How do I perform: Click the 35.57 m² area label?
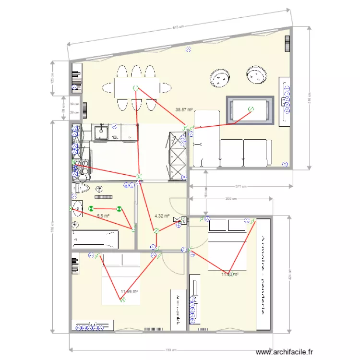point(184,110)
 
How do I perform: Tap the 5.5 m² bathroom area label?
point(103,216)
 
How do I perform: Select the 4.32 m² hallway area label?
point(162,216)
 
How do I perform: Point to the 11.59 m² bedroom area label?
point(130,291)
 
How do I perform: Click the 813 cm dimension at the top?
point(178,27)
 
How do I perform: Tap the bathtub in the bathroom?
point(95,239)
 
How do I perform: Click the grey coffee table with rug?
point(250,111)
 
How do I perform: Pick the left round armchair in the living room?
point(220,78)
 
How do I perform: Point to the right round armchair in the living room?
point(256,75)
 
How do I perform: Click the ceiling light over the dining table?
point(135,88)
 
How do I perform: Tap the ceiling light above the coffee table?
point(250,109)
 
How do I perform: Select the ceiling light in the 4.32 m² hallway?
point(156,231)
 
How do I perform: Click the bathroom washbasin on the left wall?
point(77,209)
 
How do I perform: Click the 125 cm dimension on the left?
point(52,77)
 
